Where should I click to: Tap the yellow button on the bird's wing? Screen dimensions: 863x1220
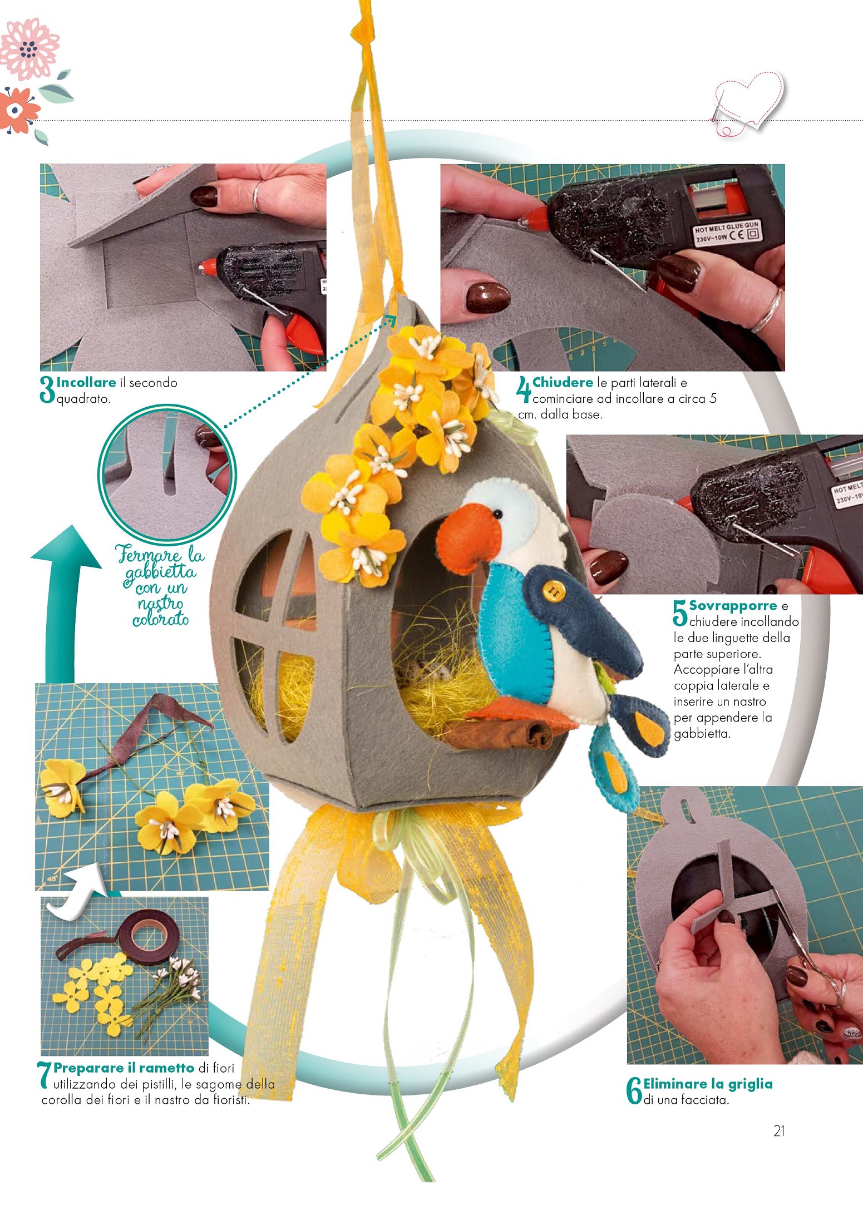click(553, 590)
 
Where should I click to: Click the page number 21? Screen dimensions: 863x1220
click(779, 1130)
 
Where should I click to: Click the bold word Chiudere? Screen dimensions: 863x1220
click(563, 382)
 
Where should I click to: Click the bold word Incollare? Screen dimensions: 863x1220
click(86, 382)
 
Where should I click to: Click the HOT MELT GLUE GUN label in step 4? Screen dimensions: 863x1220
click(727, 233)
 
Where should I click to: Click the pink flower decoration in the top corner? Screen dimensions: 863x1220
click(29, 49)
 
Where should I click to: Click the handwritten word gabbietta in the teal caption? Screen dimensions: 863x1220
click(160, 572)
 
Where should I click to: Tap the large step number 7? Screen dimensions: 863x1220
click(45, 1075)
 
